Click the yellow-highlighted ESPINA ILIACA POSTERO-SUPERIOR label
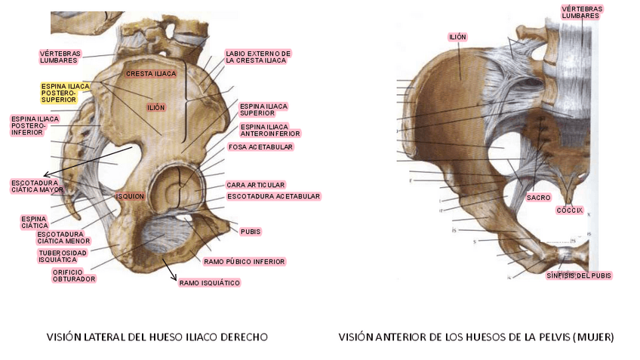coord(66,93)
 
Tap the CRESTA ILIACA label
coord(151,73)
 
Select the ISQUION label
coord(129,196)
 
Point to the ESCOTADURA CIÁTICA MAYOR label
coord(37,186)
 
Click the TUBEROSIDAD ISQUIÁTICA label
coord(63,256)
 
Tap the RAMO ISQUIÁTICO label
coord(209,283)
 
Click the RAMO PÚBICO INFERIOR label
coord(244,262)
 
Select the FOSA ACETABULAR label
coord(260,146)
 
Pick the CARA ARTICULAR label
coord(255,185)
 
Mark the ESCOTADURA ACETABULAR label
coord(273,196)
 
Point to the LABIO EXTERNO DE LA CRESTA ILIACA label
coord(257,57)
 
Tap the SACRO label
coord(538,196)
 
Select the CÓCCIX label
coord(570,210)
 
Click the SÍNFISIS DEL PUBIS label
coord(579,275)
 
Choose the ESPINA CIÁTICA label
coord(35,222)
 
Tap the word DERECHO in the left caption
coord(242,337)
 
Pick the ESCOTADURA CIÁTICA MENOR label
coord(63,238)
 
